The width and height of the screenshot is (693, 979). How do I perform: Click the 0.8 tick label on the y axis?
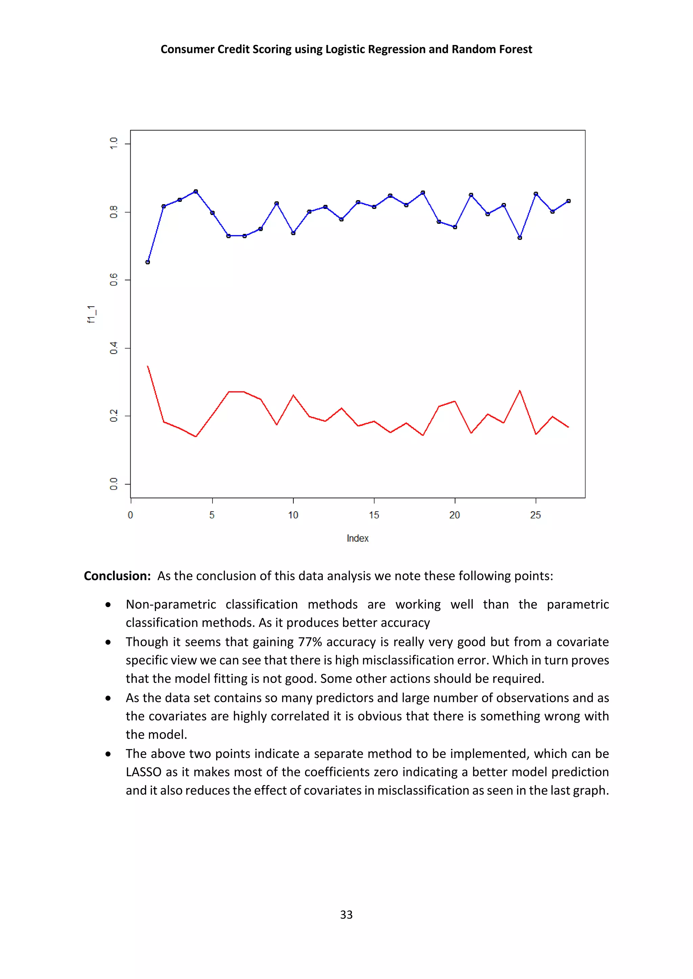[113, 212]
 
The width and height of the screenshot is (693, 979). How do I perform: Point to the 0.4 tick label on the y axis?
[113, 348]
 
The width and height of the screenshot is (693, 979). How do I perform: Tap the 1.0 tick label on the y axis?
[113, 144]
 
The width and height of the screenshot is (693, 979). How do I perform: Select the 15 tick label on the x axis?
[374, 515]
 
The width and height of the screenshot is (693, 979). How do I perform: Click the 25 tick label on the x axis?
[536, 515]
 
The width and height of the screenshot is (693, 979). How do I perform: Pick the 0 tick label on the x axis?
[131, 515]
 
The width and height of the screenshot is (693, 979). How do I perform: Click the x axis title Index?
[358, 539]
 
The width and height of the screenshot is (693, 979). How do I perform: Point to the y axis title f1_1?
[92, 314]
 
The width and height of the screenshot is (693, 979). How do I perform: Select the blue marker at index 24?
[520, 238]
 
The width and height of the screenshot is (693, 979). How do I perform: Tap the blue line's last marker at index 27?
[568, 201]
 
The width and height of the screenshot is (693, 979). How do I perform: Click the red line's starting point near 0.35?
[148, 366]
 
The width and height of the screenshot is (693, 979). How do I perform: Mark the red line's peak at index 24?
[520, 390]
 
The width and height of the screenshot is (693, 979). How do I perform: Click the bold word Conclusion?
[117, 576]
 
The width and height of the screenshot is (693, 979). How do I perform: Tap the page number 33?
[346, 915]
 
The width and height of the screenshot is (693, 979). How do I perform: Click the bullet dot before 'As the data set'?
[108, 698]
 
